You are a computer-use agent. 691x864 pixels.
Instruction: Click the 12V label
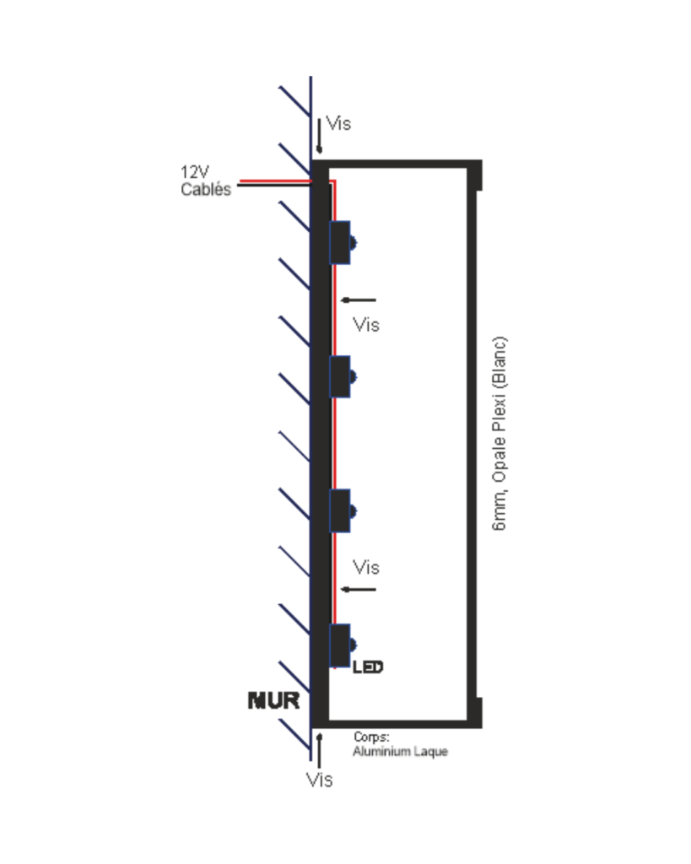(x=194, y=173)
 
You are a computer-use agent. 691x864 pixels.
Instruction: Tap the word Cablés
(x=205, y=190)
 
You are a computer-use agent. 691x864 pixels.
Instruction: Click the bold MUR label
(x=273, y=700)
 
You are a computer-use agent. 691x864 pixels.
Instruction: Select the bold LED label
(x=368, y=667)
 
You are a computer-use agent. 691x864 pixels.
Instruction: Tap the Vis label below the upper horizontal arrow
(x=366, y=325)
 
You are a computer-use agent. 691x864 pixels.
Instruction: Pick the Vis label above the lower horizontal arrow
(x=366, y=567)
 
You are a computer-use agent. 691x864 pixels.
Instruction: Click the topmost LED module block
(x=340, y=242)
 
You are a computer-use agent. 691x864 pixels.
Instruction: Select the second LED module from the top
(x=340, y=376)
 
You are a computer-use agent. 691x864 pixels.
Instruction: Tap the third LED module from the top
(x=340, y=510)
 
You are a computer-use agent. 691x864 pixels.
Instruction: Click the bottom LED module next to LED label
(x=340, y=645)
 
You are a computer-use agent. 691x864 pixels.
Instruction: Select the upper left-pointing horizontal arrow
(x=358, y=300)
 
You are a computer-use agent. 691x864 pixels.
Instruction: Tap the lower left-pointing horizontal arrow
(x=358, y=589)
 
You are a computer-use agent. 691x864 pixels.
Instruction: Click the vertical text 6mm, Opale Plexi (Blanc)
(x=500, y=435)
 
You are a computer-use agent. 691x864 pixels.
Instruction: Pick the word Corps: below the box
(x=371, y=737)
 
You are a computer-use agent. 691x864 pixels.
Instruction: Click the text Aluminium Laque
(x=401, y=751)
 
